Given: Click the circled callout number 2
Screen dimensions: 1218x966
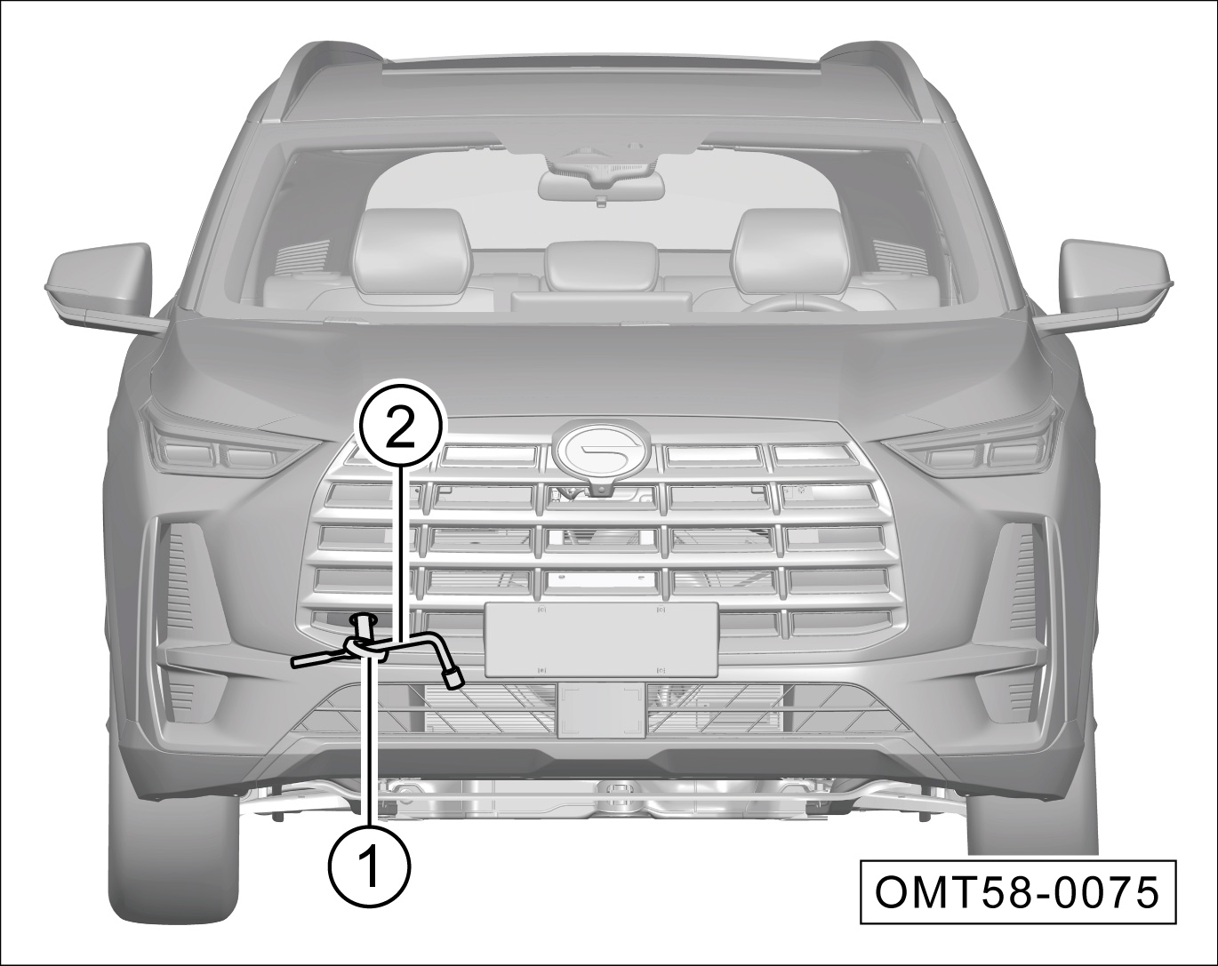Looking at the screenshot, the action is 398,428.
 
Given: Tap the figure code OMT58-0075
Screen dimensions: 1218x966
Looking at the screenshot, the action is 1017,893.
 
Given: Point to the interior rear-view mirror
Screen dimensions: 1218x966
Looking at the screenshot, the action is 601,183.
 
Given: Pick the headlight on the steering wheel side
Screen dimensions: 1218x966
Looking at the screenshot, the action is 976,447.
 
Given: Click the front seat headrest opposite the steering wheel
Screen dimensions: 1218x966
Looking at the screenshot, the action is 413,250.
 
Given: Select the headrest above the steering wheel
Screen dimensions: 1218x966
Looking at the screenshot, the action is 791,250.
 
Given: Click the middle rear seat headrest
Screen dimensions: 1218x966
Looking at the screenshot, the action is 602,266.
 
